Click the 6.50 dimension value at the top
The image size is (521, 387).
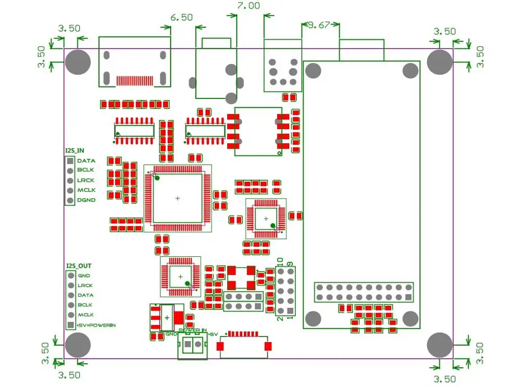click(181, 17)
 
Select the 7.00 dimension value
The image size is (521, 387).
click(248, 6)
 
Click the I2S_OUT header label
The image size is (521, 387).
click(79, 266)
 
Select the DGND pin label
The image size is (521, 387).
click(86, 200)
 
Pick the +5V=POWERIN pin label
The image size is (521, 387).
click(96, 325)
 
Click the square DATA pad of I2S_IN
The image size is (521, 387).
click(69, 161)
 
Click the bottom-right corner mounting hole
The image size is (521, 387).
click(440, 345)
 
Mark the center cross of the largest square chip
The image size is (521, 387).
click(177, 198)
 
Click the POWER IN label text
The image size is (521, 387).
click(192, 331)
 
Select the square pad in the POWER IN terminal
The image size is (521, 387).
click(186, 345)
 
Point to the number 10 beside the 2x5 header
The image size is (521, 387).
click(279, 261)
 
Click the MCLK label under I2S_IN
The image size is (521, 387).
click(85, 190)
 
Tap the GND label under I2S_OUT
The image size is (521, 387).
click(84, 276)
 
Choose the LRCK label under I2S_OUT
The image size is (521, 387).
click(85, 285)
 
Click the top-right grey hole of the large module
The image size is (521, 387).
click(411, 69)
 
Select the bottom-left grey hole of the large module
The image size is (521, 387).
click(313, 318)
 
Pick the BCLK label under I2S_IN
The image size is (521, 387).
click(85, 170)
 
